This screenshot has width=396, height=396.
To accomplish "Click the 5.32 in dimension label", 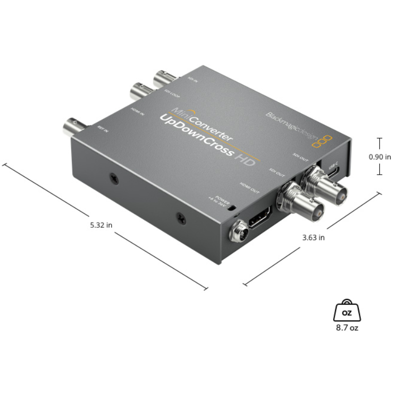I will point(101,225).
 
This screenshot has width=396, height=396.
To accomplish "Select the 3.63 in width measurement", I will point(313,238).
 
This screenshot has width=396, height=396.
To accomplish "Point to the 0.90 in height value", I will point(380,156).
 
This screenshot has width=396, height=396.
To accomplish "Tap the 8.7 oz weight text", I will point(347,328).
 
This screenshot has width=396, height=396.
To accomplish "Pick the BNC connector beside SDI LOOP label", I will point(142,91).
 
